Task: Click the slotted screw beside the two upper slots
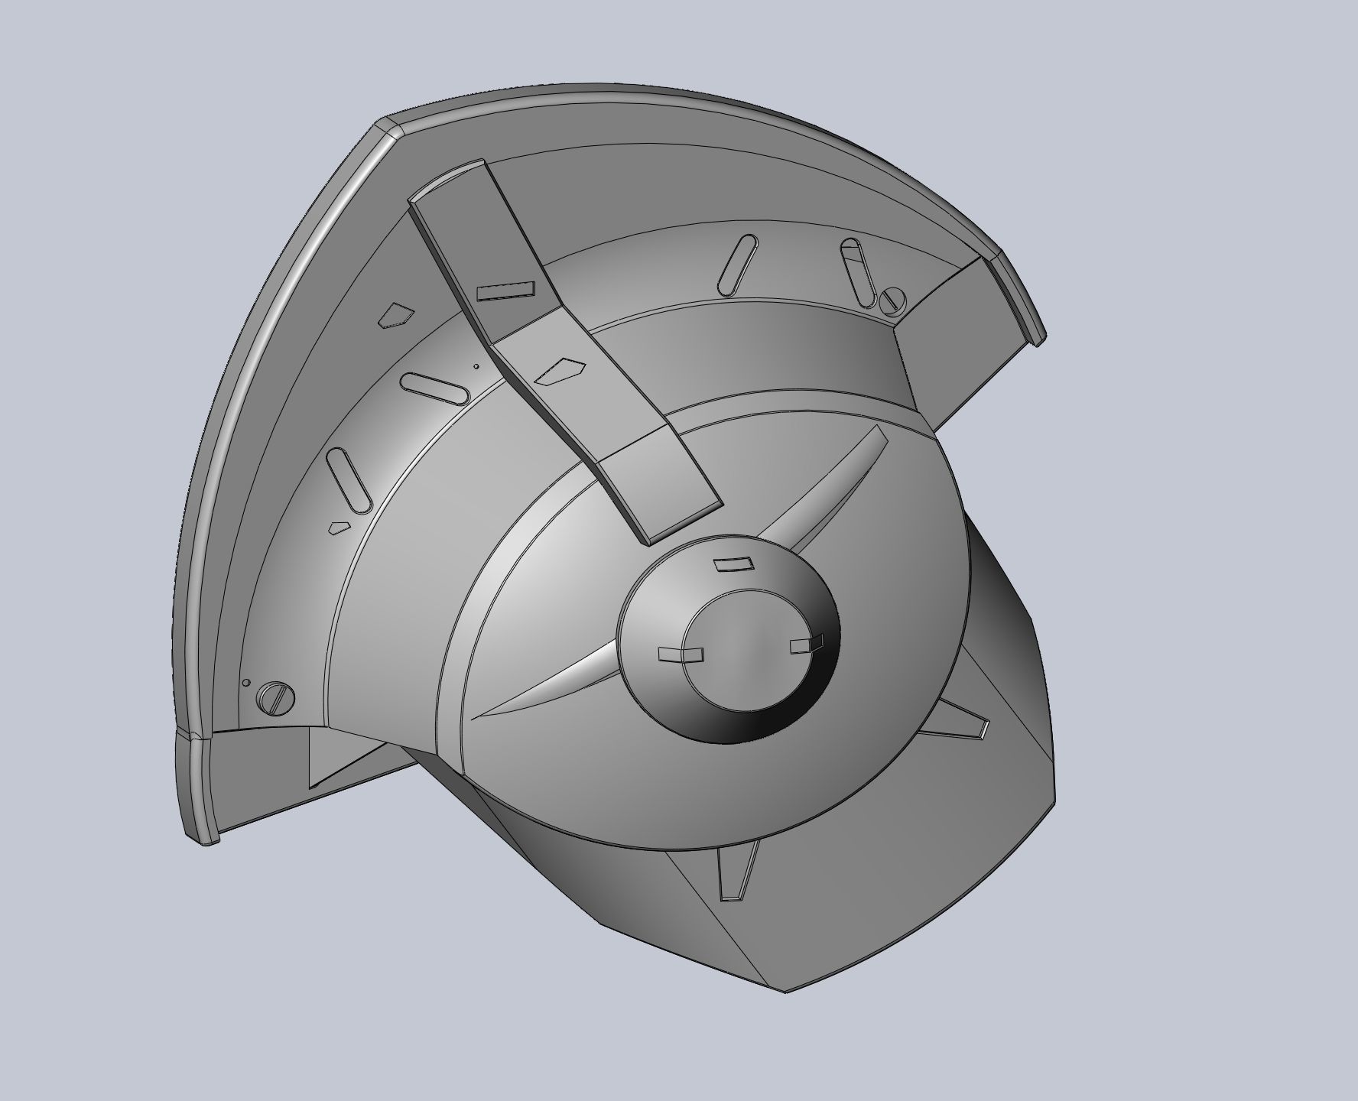tap(891, 300)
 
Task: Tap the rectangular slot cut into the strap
tap(505, 291)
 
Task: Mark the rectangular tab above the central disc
tap(733, 564)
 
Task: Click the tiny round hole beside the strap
tap(476, 366)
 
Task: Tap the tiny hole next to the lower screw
tap(245, 683)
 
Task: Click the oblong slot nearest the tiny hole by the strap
tap(434, 388)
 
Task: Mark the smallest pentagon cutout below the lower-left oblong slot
tap(339, 527)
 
